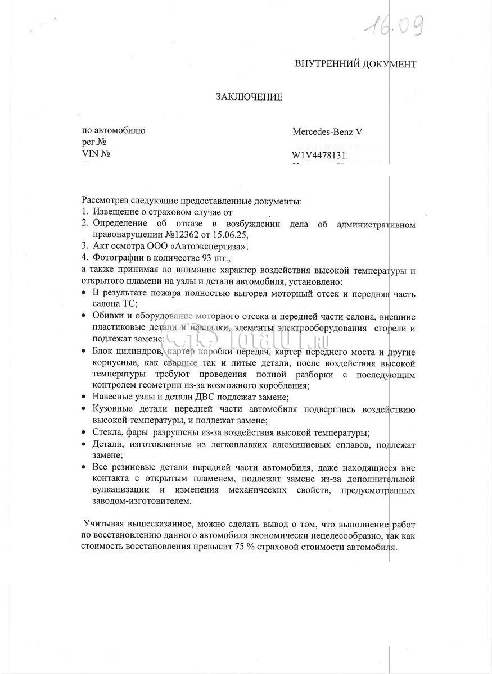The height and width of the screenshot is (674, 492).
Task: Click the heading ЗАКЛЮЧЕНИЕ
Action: click(x=249, y=97)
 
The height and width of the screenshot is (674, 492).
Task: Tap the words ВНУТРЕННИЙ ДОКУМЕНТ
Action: click(x=355, y=63)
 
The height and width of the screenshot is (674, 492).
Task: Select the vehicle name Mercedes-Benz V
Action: click(x=327, y=132)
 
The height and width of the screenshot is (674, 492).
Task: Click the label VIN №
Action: click(x=96, y=153)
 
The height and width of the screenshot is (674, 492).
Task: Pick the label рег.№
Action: click(x=94, y=142)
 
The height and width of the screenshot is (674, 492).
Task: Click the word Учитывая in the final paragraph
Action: click(x=103, y=523)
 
